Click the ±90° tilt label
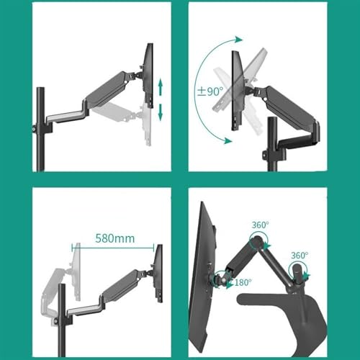coord(210,93)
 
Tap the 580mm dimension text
coord(114,236)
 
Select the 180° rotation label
coord(243,282)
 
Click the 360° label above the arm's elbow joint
coord(259,226)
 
